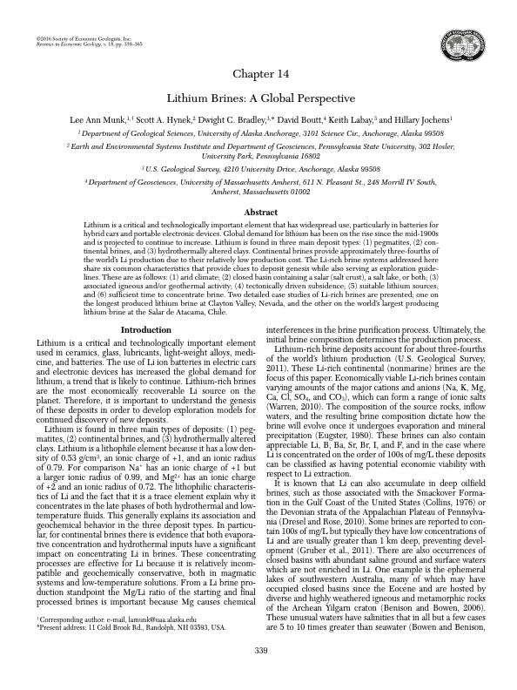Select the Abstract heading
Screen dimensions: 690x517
[x=258, y=212]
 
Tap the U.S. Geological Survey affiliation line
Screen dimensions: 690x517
[x=258, y=166]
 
